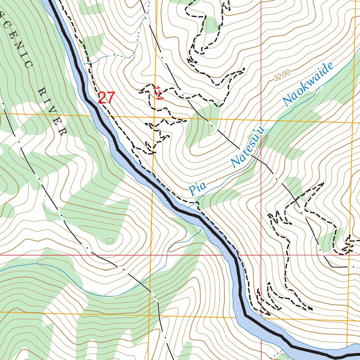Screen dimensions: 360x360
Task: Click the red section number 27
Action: click(x=106, y=98)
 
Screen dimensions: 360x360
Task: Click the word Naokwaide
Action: click(x=308, y=85)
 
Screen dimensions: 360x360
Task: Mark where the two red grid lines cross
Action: click(x=261, y=255)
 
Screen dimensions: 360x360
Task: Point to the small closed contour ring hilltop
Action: click(x=110, y=240)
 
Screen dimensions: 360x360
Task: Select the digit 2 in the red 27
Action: click(x=102, y=98)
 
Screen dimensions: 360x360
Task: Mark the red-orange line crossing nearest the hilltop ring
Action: click(x=150, y=255)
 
